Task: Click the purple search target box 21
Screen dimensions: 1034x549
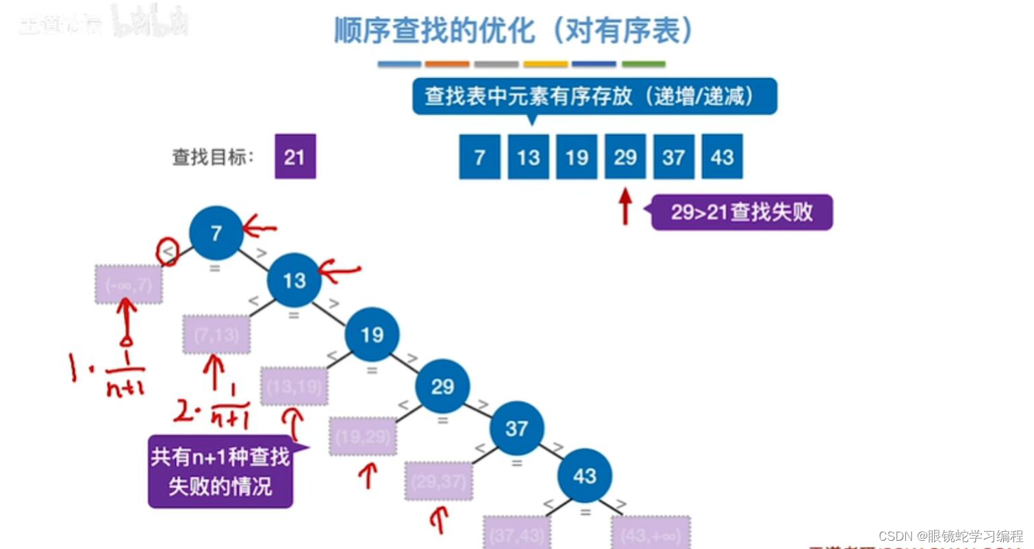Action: (x=295, y=157)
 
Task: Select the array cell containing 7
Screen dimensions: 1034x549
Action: (x=479, y=157)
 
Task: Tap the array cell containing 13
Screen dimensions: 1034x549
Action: (x=528, y=157)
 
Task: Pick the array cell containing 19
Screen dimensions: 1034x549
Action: (x=577, y=157)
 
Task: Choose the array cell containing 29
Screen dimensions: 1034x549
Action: (x=625, y=157)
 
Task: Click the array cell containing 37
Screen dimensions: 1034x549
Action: (x=674, y=157)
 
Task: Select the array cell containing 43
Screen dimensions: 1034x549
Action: (x=722, y=157)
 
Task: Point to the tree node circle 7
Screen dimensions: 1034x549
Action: (x=216, y=233)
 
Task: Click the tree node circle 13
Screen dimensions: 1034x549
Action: (x=294, y=280)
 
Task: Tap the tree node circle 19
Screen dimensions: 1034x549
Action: (x=372, y=335)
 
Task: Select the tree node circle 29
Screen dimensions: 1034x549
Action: (x=442, y=387)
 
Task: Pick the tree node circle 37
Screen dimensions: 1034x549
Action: (x=516, y=429)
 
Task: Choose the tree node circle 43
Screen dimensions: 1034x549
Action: (x=584, y=476)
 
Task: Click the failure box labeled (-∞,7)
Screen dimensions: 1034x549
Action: (x=129, y=284)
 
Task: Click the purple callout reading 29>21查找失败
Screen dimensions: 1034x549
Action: (x=742, y=212)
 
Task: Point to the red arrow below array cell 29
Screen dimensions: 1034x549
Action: (x=625, y=207)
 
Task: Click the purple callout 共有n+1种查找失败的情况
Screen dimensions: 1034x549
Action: (x=220, y=472)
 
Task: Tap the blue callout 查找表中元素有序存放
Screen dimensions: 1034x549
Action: (x=594, y=97)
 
